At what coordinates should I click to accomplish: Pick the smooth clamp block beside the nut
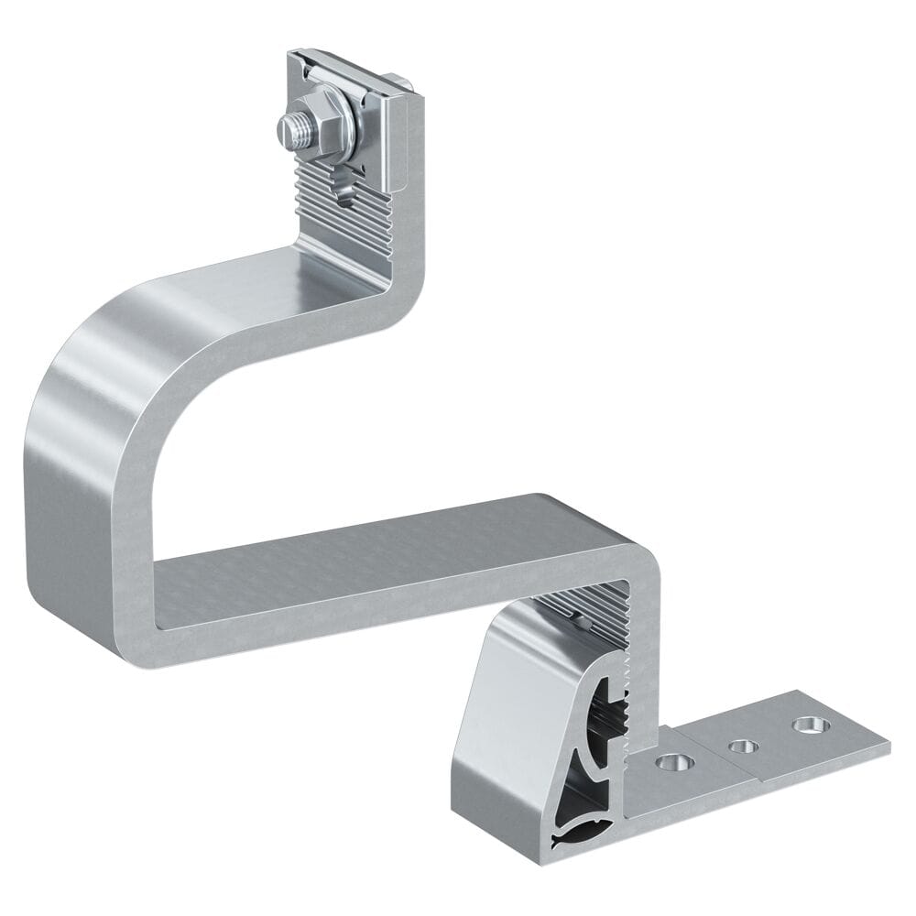(x=388, y=147)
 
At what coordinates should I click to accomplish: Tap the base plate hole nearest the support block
(x=674, y=761)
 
